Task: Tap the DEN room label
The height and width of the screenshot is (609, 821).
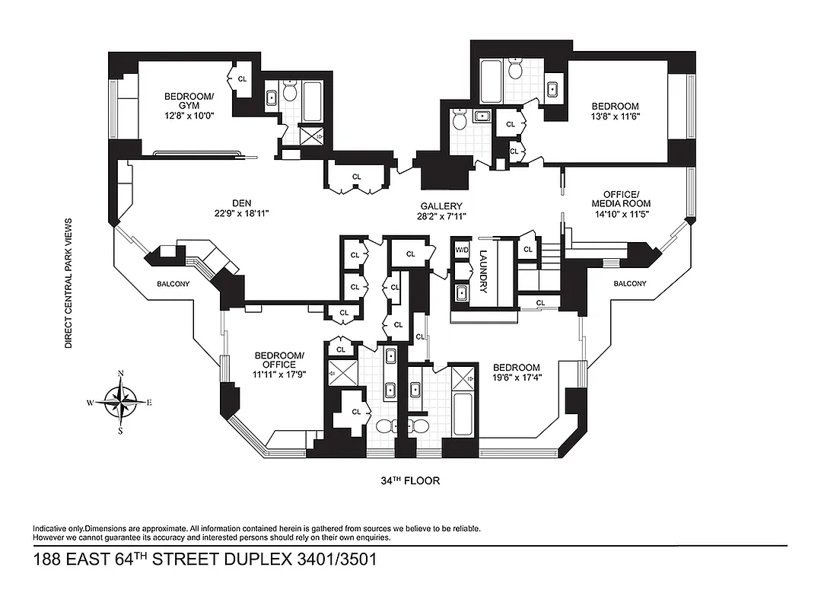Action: click(243, 202)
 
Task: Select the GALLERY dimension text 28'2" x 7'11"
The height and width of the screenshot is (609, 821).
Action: click(441, 217)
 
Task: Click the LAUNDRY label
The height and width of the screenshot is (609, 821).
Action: click(483, 273)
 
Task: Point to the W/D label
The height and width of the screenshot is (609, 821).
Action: click(462, 249)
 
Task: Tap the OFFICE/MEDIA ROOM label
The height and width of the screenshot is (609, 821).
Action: click(622, 198)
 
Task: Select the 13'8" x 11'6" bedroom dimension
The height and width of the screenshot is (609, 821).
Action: click(615, 117)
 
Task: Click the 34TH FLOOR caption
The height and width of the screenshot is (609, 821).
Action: click(410, 481)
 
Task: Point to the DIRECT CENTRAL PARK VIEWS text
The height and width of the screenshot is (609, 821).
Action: click(68, 283)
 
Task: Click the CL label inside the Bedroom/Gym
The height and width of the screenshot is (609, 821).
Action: click(242, 78)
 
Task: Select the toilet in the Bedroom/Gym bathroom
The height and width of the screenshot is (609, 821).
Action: click(289, 92)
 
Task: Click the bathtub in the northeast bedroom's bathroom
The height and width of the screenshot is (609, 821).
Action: click(491, 83)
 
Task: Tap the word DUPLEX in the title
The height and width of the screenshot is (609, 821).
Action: click(263, 560)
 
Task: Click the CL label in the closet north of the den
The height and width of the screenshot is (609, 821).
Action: click(356, 177)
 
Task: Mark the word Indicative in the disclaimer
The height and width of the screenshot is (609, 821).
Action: click(50, 528)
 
